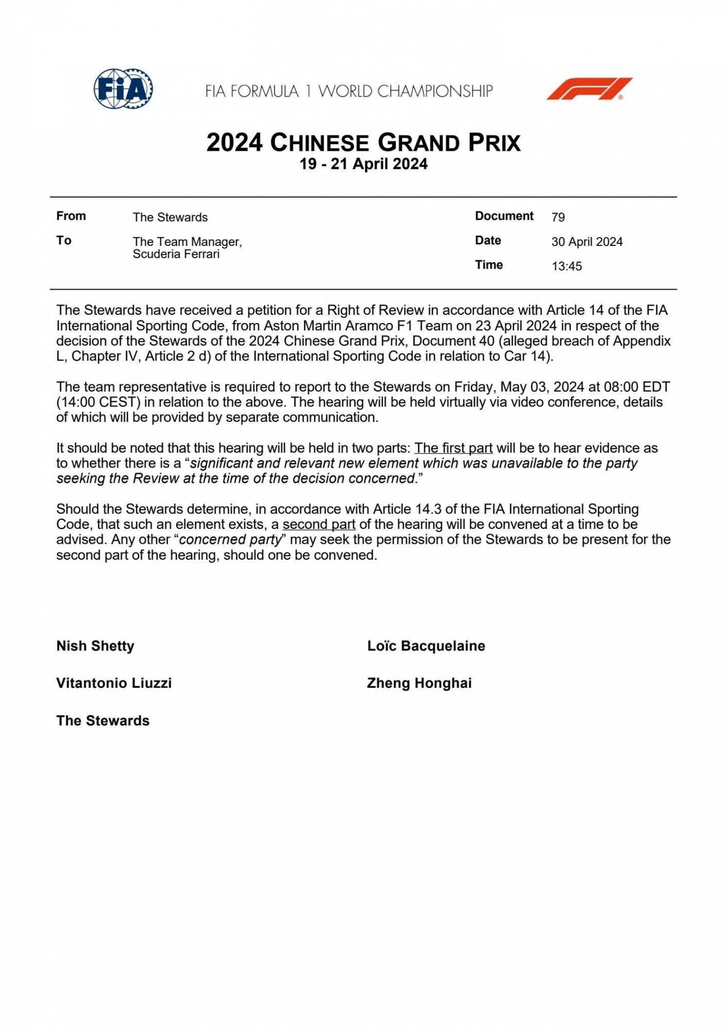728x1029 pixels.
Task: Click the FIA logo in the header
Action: click(x=123, y=88)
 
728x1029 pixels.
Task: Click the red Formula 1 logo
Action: click(x=589, y=88)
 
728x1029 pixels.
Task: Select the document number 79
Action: click(x=558, y=217)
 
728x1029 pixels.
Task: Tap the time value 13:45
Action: click(x=566, y=267)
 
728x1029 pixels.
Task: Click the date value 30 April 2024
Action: click(x=587, y=242)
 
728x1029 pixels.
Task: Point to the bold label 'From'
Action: click(x=71, y=216)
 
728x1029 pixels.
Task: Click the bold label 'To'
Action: click(x=64, y=240)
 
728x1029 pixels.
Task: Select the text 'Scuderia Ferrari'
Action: click(x=176, y=254)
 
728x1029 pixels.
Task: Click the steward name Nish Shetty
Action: click(x=95, y=646)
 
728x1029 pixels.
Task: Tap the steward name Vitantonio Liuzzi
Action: click(x=114, y=683)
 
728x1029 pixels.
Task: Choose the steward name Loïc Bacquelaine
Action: click(x=426, y=646)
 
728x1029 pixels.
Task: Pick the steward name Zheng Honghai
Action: click(x=419, y=683)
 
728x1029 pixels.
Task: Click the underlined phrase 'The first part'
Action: click(x=453, y=448)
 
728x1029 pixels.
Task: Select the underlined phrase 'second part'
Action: click(x=319, y=524)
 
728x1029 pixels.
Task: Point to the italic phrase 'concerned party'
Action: click(x=231, y=540)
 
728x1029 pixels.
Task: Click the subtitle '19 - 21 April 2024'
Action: click(x=363, y=164)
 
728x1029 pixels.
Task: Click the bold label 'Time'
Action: click(x=489, y=265)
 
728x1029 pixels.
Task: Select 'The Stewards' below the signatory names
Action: click(x=103, y=721)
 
